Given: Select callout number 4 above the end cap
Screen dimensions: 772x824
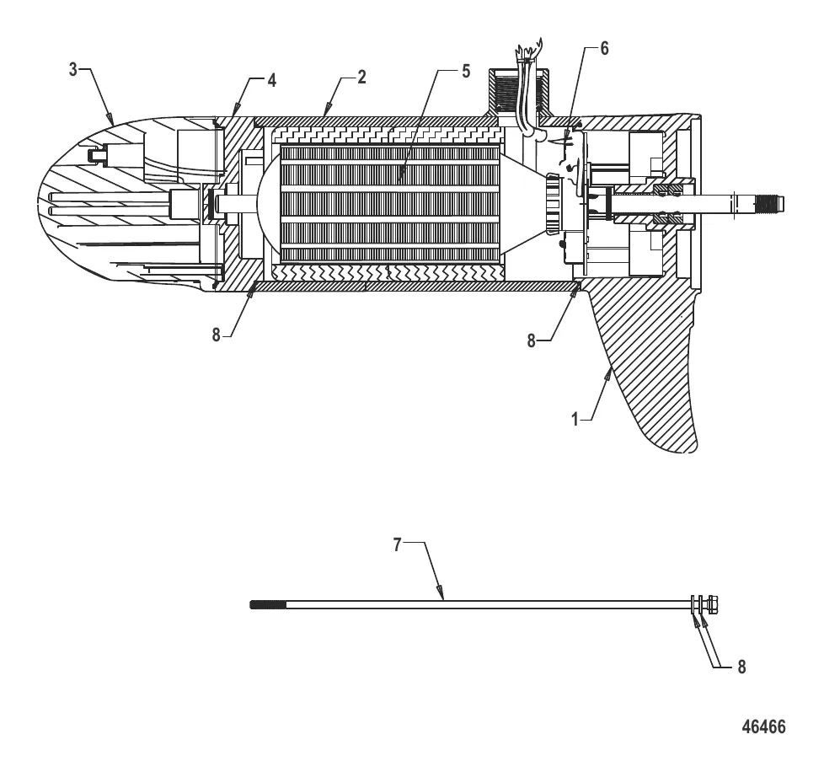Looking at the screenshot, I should (271, 80).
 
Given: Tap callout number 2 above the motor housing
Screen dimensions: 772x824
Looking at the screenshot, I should (361, 77).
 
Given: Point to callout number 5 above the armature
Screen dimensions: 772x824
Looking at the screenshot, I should (466, 71).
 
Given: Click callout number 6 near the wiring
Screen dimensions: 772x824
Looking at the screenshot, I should (604, 49).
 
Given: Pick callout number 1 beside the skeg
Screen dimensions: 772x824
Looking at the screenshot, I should (575, 416).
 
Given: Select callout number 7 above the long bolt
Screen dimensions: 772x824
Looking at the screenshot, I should (397, 544).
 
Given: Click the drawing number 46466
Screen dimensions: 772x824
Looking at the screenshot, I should (763, 726).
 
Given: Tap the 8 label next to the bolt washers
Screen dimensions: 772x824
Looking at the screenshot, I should (741, 667).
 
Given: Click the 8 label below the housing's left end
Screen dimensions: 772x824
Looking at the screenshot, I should (216, 334).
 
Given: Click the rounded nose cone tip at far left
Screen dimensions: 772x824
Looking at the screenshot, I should (42, 202).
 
